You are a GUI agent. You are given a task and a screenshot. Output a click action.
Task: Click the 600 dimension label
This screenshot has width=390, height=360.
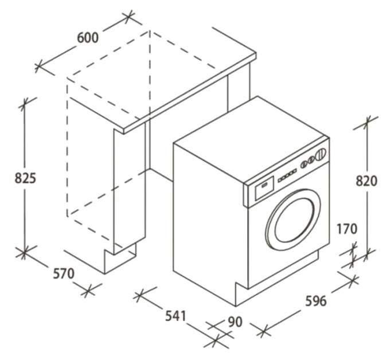pos(88,38)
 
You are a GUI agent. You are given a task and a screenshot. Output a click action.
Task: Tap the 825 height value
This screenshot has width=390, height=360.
pos(25,178)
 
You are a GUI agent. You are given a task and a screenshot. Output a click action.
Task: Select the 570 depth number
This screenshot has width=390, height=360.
pos(64,273)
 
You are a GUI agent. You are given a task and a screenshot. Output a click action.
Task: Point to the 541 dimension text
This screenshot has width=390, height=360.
pos(175,316)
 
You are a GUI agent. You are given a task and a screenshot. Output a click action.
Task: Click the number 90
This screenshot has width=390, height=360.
pos(235,322)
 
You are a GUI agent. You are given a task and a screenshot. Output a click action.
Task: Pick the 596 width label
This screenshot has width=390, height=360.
pos(316,301)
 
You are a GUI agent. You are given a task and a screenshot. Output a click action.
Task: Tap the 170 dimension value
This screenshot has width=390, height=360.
pos(347,229)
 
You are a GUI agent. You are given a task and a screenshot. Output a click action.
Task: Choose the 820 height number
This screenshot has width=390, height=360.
pos(366,181)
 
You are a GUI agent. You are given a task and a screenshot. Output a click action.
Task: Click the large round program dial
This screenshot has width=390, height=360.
pos(321,155)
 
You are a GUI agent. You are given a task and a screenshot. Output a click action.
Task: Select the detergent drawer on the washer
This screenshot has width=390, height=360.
pos(264,187)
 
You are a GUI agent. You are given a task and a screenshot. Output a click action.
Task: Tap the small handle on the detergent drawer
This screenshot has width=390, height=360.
pos(264,185)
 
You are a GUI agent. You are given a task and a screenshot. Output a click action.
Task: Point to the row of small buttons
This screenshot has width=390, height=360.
pos(287,175)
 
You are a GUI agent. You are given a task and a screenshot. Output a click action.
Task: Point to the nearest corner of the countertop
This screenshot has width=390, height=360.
pos(124,131)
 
